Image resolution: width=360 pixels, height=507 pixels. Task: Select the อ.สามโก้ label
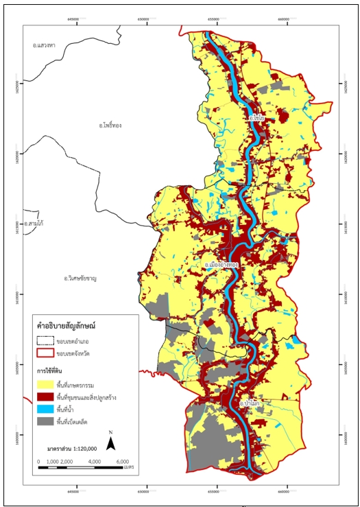(34, 224)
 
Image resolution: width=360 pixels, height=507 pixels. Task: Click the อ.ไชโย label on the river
(259, 118)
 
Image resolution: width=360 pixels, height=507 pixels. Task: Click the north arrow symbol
(110, 442)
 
